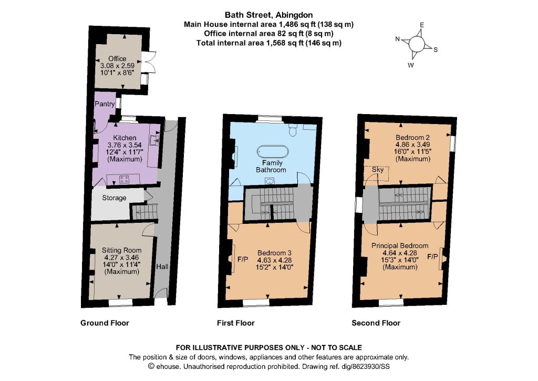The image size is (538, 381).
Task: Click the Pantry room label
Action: click(105, 104)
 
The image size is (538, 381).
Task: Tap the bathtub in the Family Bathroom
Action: click(273, 151)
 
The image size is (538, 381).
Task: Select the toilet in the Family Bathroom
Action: click(293, 130)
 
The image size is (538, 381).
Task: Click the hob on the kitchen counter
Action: click(124, 179)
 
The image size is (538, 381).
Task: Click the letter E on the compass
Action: click(422, 25)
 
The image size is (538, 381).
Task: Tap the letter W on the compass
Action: click(411, 65)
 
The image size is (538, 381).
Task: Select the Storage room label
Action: click(114, 198)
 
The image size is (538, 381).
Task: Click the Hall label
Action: click(162, 266)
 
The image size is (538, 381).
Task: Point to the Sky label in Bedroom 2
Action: click(378, 170)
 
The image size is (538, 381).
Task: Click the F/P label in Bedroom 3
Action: click(243, 260)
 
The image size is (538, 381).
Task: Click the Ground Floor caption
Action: click(105, 323)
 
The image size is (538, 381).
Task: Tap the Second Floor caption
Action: click(376, 323)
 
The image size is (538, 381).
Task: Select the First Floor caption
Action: click(236, 323)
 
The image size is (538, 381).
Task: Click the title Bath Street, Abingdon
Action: click(268, 15)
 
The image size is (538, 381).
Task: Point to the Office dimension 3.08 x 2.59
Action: click(117, 66)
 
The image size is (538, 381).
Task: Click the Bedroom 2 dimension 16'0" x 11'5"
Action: click(413, 152)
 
